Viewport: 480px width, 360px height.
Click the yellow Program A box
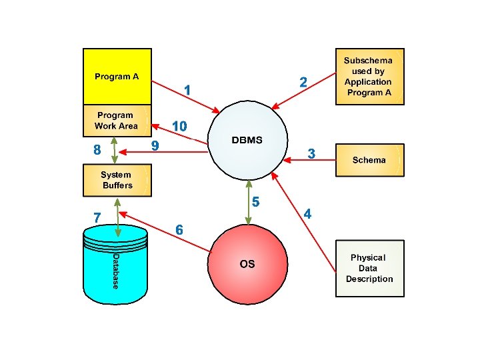coord(117,77)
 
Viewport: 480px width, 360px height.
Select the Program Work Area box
coord(117,121)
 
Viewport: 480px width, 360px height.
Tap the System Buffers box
coord(117,181)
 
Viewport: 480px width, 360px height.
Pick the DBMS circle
coord(247,141)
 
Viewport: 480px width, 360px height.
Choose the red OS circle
coord(247,264)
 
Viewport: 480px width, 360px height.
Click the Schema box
coord(369,160)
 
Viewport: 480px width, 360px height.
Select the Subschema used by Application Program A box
coord(369,76)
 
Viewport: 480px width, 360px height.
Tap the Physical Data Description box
coord(369,268)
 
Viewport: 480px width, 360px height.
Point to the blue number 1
coord(188,89)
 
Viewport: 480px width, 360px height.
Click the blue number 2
coord(303,82)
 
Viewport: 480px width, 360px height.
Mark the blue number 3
coord(311,154)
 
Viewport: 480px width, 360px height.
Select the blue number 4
coord(307,214)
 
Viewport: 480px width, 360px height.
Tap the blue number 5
coord(255,201)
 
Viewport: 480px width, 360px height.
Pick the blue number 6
coord(179,229)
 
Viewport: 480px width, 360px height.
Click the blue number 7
coord(97,217)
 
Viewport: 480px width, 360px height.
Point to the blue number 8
coord(97,151)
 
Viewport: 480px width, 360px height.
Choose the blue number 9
coord(155,145)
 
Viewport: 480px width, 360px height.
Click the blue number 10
coord(179,126)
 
